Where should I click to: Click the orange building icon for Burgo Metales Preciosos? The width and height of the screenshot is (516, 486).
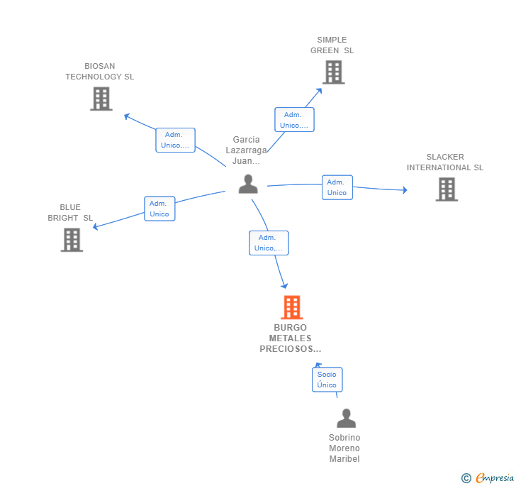(x=292, y=307)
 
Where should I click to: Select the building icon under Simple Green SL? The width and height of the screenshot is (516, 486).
(x=334, y=72)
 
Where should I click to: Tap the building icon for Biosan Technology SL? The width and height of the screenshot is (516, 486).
(x=101, y=99)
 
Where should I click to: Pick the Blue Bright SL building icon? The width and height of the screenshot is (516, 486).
(x=72, y=240)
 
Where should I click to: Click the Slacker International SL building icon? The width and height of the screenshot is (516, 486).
(x=447, y=189)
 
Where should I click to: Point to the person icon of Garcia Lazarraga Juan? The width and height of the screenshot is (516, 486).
(x=248, y=184)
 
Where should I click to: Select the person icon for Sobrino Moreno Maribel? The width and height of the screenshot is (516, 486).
(x=346, y=418)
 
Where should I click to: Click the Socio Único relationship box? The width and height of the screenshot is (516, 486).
(x=327, y=380)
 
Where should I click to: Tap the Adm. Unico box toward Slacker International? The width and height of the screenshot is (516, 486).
(x=337, y=187)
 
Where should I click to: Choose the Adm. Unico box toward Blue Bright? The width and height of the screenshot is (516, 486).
(x=159, y=209)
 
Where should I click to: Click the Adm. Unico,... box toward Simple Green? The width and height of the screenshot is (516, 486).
(x=294, y=120)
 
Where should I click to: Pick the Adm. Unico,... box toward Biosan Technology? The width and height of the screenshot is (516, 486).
(x=175, y=140)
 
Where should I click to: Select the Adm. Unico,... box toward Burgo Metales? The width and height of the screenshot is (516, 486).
(x=269, y=243)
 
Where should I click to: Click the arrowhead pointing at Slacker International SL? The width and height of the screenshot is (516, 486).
(x=405, y=189)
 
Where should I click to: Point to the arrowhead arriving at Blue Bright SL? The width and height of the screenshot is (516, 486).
(x=96, y=226)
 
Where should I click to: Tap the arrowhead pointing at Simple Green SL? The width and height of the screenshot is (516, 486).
(x=319, y=91)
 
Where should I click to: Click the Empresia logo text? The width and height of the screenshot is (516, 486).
(x=495, y=477)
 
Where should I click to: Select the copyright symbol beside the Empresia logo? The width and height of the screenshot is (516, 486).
(x=466, y=477)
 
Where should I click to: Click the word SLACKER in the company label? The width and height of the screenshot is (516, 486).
(x=445, y=157)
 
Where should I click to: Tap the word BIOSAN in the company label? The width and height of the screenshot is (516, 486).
(x=100, y=66)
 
